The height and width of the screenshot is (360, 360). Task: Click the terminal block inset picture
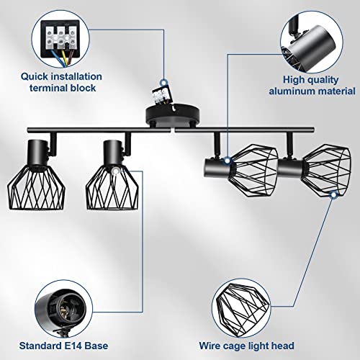pos(60,35)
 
